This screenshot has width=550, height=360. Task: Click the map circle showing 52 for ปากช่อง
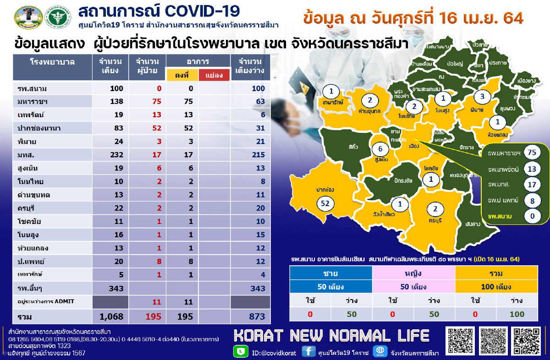tap(325, 203)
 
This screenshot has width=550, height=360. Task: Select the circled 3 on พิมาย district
tap(482, 97)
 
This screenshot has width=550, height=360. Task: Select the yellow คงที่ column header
tap(181, 75)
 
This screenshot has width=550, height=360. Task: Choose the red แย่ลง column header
tap(214, 75)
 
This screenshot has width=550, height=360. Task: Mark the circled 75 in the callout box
tap(532, 153)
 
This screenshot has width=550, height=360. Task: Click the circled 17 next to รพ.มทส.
tap(532, 185)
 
